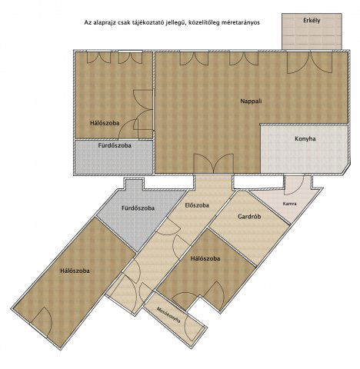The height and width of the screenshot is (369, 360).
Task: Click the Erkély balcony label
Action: coord(312,21)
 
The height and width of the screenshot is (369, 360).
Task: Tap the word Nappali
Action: coord(251,101)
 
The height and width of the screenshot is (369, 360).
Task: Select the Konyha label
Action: coord(305,139)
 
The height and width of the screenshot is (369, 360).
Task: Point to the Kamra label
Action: coord(290,204)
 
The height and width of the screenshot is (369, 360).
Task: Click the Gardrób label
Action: coord(249,217)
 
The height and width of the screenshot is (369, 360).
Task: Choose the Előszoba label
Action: coord(197,205)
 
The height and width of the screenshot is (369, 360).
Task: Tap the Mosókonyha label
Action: coord(168,316)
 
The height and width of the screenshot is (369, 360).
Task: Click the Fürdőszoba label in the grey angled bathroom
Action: coord(138,208)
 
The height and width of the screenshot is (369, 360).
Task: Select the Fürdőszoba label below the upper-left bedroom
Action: coord(115,145)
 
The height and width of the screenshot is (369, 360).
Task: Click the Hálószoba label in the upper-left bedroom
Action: coord(105,123)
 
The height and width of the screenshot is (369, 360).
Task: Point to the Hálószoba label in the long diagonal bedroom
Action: coord(75,271)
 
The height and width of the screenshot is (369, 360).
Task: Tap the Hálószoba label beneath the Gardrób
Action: coord(205,258)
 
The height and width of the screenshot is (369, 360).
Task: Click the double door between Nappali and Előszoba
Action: coord(213,164)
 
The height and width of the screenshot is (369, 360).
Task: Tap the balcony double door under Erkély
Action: coord(311,61)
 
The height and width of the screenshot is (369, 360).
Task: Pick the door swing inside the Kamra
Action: coord(294,184)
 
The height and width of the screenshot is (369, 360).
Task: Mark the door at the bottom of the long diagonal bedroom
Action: coord(42,322)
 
